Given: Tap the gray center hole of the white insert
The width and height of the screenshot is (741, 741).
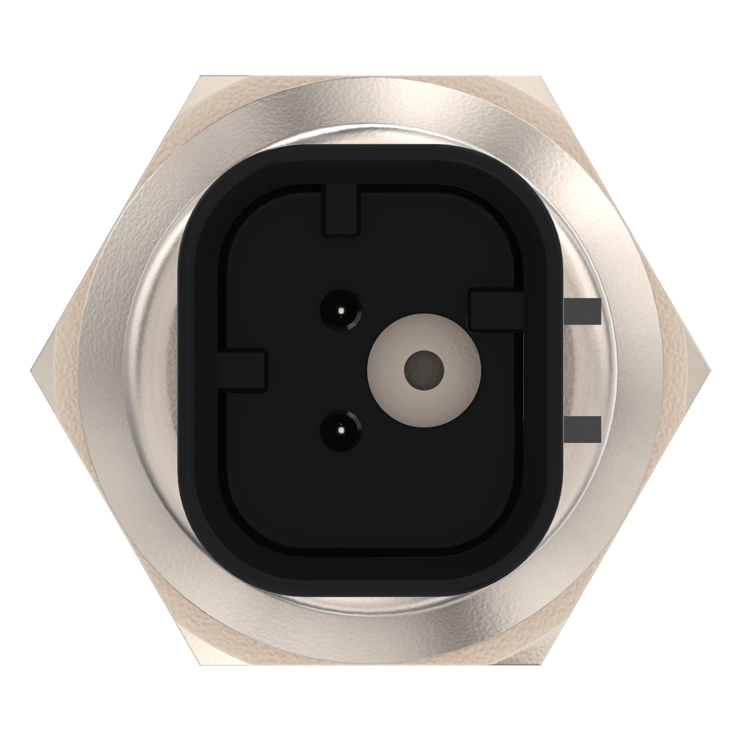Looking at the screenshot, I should tap(424, 370).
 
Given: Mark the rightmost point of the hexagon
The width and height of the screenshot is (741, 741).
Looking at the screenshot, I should tap(710, 370).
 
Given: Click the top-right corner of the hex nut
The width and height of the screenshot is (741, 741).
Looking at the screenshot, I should tap(541, 76).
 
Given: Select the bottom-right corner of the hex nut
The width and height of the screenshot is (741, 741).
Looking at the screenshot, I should tap(541, 665).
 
